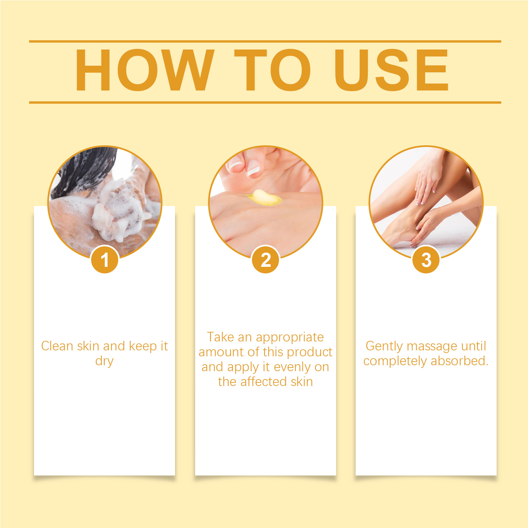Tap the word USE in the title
coord(391,70)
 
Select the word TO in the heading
coord(272,70)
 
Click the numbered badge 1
coord(105,260)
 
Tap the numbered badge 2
coord(265,260)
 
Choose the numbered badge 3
coord(426,260)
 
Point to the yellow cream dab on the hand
coord(264,197)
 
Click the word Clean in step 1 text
coord(57,346)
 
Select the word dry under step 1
coord(104,361)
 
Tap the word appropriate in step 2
coord(290,337)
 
